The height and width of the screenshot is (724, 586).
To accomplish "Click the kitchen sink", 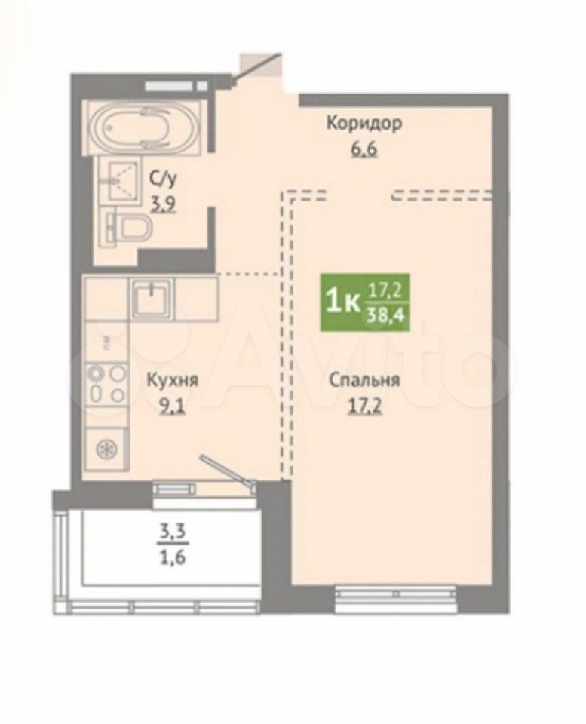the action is pyautogui.click(x=151, y=298).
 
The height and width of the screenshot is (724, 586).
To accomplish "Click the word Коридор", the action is pyautogui.click(x=364, y=124).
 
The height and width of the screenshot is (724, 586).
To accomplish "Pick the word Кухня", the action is pyautogui.click(x=172, y=381).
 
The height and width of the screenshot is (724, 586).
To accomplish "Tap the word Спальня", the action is pyautogui.click(x=364, y=381).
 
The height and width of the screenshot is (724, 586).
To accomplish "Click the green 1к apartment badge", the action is pyautogui.click(x=365, y=302).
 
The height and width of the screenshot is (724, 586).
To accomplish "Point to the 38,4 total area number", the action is pyautogui.click(x=385, y=316).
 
